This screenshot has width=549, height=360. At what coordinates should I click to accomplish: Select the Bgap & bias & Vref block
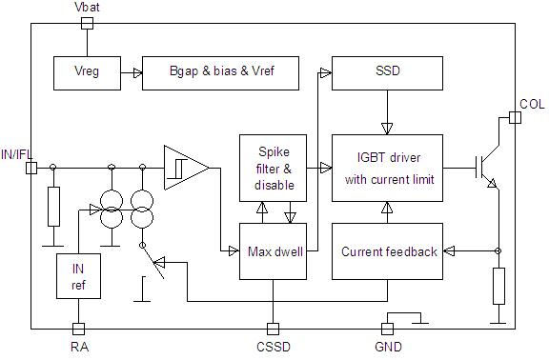tap(220, 71)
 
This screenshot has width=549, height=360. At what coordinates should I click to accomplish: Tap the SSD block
tap(387, 71)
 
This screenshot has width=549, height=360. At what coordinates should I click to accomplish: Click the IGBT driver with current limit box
tap(387, 168)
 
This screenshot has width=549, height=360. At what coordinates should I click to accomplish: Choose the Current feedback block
tap(387, 251)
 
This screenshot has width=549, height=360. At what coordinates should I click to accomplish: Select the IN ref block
tap(78, 276)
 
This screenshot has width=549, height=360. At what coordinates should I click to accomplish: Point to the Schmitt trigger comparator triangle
tap(184, 168)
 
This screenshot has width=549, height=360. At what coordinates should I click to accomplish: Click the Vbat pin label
tap(86, 8)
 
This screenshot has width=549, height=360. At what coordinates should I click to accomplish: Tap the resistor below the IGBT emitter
tap(498, 286)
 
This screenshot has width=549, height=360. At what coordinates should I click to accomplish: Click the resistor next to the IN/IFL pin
tap(53, 205)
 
